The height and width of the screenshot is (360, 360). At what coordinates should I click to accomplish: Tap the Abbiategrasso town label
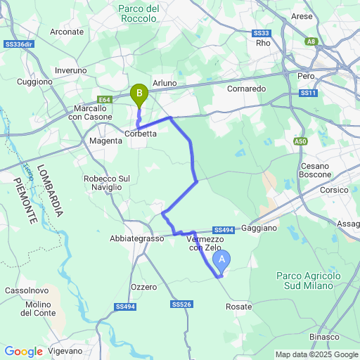point(136,238)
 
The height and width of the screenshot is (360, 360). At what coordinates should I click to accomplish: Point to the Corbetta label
point(141,134)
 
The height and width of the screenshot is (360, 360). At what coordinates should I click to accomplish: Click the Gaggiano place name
point(259,229)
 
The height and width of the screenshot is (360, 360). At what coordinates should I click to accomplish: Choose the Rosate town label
point(240,307)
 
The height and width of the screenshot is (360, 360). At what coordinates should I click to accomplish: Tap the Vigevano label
point(66,350)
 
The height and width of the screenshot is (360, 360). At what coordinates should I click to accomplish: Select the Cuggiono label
point(35,82)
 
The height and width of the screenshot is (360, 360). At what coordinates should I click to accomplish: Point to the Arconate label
point(67,32)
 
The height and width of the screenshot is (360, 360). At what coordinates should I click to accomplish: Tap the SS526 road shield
point(181,304)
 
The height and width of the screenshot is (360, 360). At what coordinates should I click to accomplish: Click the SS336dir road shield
point(18,44)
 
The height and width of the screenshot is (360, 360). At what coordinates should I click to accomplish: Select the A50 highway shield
point(301,141)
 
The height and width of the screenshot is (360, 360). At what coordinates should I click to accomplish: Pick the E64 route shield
point(104,100)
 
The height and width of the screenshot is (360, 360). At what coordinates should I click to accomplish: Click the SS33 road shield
point(262,33)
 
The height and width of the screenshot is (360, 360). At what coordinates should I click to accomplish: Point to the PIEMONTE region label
point(26,201)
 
